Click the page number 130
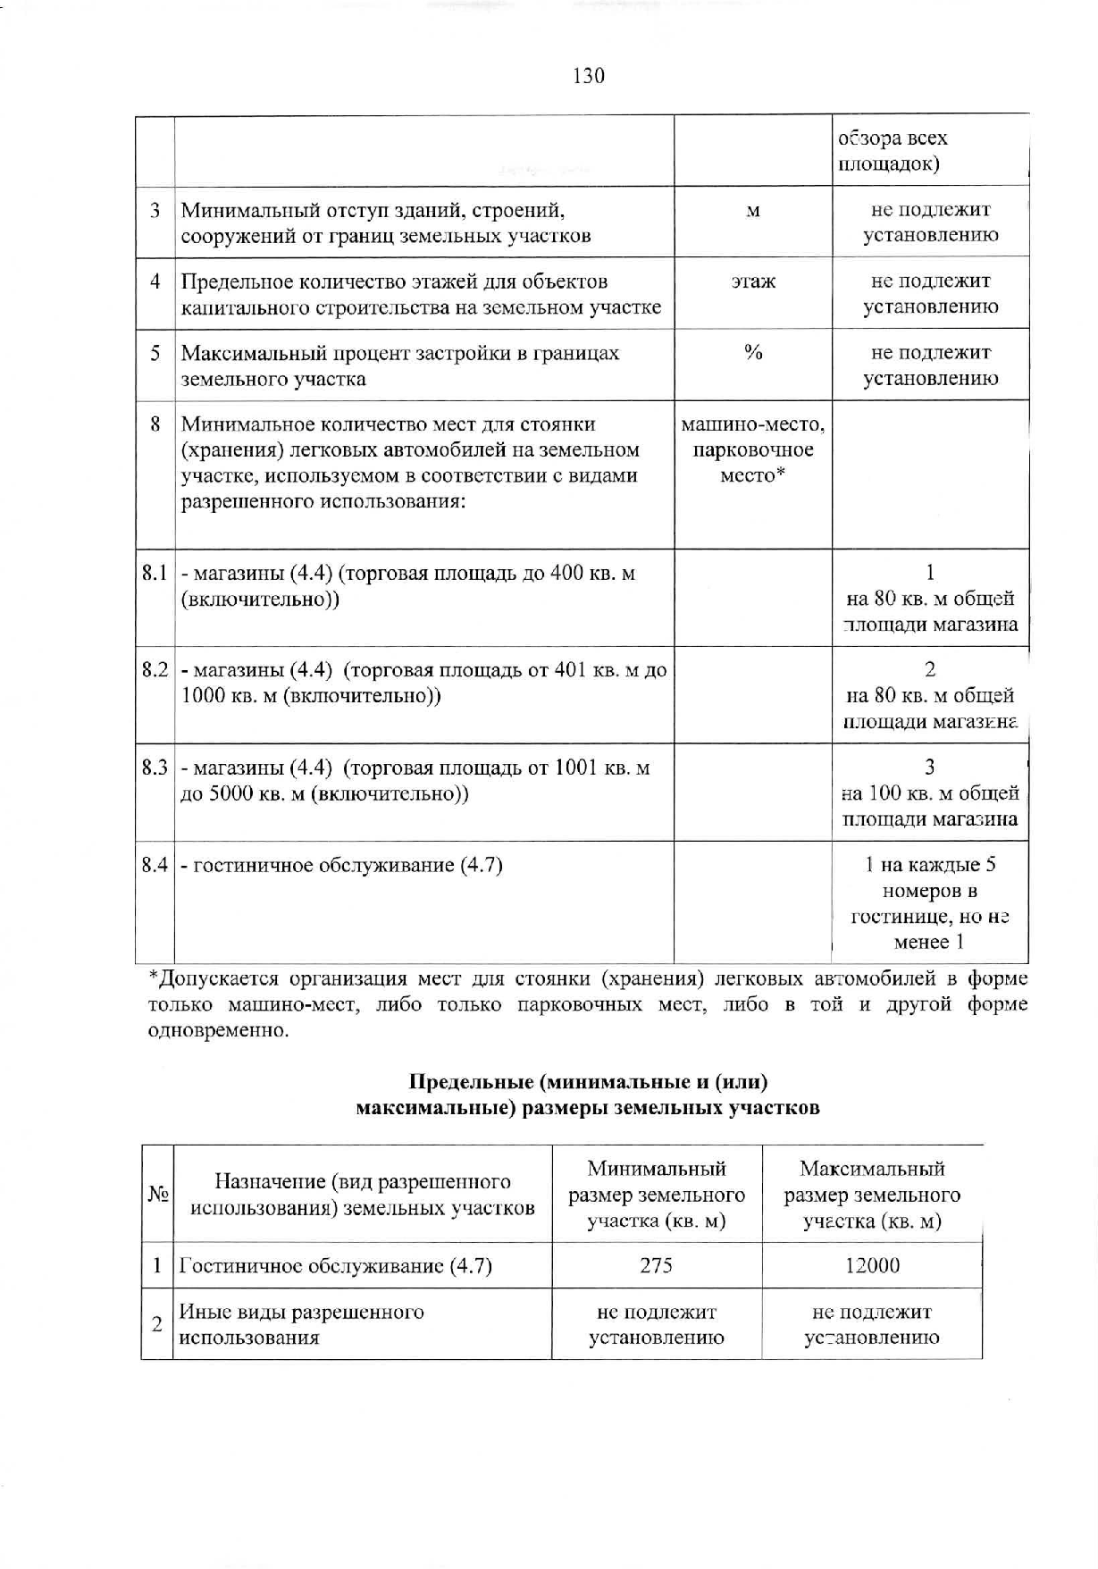(588, 76)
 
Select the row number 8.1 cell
(155, 573)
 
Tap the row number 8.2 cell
(155, 670)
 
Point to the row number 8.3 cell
(155, 768)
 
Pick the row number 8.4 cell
(155, 865)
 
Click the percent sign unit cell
(753, 353)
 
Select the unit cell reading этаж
(753, 281)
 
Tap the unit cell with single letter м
(753, 211)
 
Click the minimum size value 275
(657, 1265)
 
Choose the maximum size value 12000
(872, 1265)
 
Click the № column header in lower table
(157, 1195)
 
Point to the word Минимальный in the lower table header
(657, 1169)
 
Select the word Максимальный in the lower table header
(872, 1169)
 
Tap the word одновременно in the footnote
(218, 1030)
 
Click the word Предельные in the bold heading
(471, 1082)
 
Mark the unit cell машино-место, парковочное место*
(753, 449)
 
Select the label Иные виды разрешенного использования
(301, 1324)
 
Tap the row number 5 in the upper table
(155, 353)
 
